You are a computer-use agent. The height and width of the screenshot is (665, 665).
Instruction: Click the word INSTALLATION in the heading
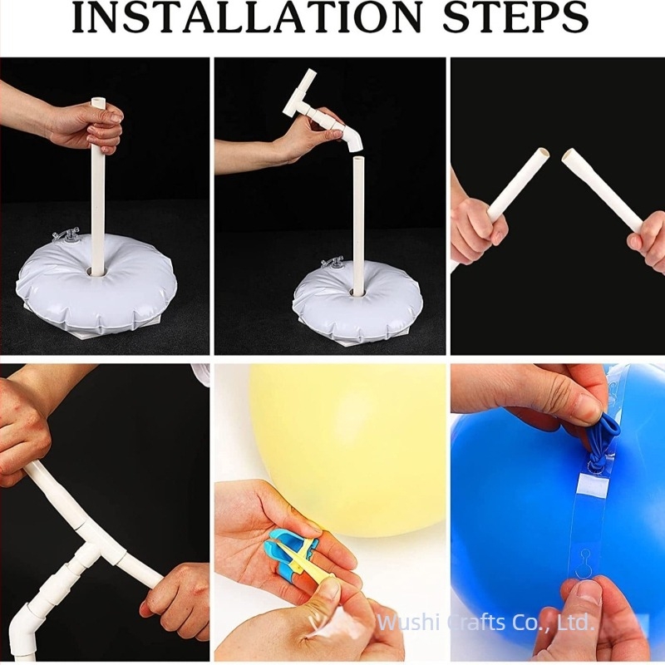247,17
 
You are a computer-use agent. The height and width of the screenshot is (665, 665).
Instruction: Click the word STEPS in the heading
515,17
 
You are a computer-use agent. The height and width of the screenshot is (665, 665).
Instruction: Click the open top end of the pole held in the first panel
97,101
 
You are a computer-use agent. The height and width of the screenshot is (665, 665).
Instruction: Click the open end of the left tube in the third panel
544,153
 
